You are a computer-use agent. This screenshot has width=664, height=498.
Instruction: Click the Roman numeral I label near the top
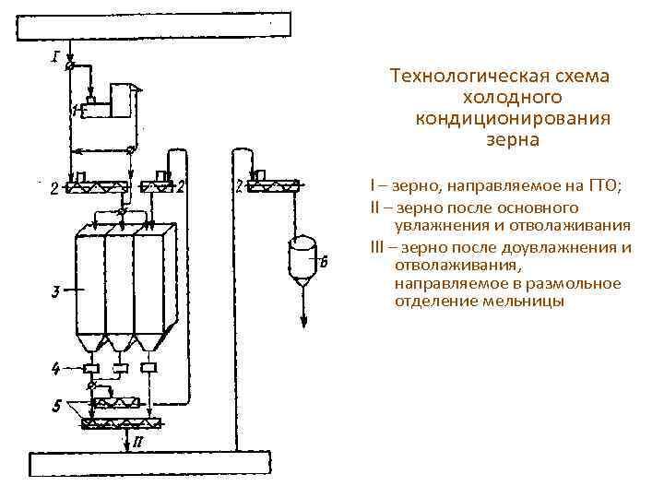coord(56,56)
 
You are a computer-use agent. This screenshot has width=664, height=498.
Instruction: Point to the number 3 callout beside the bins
coord(55,293)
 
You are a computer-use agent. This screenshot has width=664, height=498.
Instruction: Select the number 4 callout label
coord(55,369)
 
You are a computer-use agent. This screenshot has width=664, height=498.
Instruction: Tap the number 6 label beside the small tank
coord(323,262)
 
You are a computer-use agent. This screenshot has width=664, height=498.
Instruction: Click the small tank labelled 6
coord(302,257)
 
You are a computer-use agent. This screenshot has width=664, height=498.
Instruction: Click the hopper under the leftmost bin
coord(91,343)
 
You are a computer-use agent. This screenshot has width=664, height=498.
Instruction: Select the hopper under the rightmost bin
coord(148,343)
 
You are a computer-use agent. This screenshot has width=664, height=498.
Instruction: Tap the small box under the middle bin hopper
coord(120,369)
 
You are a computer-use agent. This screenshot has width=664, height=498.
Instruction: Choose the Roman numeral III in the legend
coord(375,247)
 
